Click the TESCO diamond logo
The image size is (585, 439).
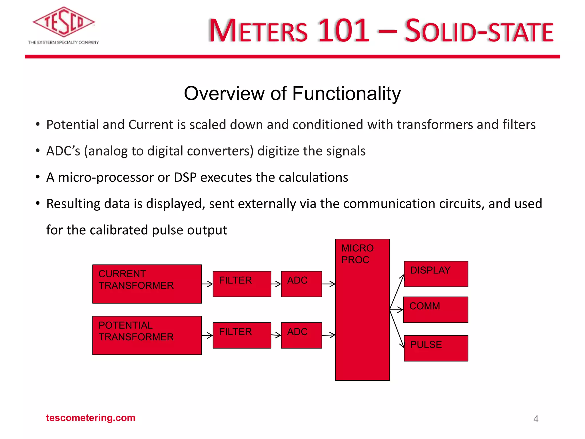[63, 22]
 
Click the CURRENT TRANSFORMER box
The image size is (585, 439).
[147, 284]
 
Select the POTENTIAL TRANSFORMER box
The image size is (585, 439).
[147, 335]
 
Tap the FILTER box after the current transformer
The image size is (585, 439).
[242, 284]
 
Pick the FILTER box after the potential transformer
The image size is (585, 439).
[242, 335]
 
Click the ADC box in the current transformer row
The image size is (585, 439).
[301, 284]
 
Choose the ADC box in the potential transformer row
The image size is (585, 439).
[301, 335]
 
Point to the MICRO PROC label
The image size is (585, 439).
[357, 254]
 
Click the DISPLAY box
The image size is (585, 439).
[436, 274]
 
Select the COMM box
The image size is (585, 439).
[436, 310]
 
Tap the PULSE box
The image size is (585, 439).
[436, 348]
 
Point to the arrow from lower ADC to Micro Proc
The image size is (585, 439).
[328, 335]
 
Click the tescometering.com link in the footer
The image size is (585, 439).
[91, 418]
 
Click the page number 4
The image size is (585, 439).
[536, 419]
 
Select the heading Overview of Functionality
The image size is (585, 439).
[292, 93]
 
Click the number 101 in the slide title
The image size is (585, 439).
[344, 30]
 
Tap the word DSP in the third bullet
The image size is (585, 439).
[185, 177]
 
